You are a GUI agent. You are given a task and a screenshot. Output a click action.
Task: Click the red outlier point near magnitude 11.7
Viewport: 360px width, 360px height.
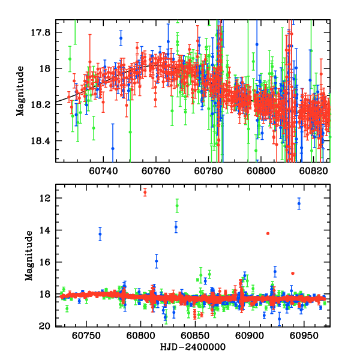tap(145, 192)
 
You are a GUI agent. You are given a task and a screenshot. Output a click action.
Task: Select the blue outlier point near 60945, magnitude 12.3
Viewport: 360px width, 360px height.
tap(299, 204)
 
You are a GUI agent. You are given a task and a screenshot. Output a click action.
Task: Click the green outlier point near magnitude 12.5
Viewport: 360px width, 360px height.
tap(177, 206)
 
